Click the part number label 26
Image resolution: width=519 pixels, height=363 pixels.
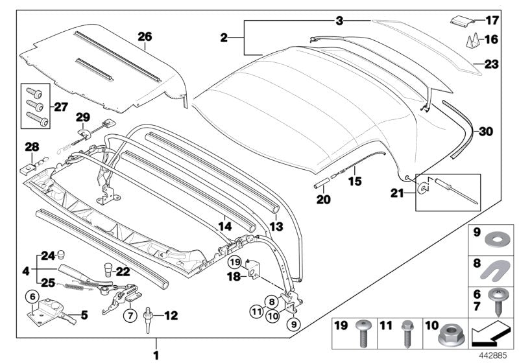[145, 38]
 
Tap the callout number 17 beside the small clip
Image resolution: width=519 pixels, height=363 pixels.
[492, 20]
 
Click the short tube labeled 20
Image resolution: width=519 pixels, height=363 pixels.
[322, 186]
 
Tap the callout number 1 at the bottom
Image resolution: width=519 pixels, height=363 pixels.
[155, 355]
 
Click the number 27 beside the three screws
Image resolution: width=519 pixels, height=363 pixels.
[59, 107]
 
